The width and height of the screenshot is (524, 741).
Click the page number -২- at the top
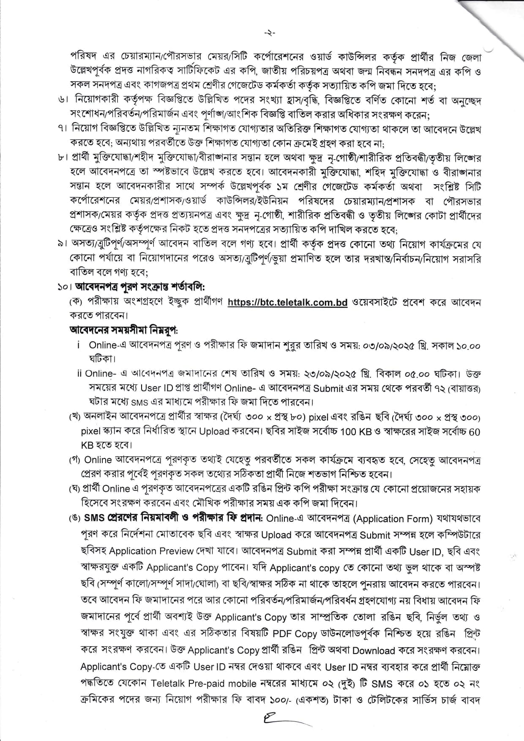pos(269,32)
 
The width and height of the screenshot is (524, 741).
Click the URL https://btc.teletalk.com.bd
pos(287,302)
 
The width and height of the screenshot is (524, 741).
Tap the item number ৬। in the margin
pos(64,101)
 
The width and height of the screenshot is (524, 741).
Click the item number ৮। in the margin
pos(64,158)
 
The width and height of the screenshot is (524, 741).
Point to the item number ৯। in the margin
pos(64,245)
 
